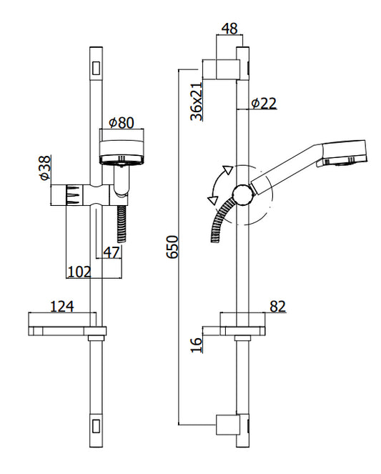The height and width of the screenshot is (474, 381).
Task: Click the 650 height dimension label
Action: point(172,247)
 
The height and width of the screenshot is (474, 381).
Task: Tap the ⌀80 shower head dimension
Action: point(121,122)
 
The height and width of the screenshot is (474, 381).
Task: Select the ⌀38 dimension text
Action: point(44,168)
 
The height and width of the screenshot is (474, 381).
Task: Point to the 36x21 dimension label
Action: point(197,102)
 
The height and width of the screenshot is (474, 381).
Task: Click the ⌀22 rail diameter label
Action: point(264,104)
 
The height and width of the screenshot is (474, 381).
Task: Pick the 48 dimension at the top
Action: point(229,29)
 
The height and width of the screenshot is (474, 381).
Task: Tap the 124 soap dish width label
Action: point(61,306)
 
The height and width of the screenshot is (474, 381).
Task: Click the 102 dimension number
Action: point(79,272)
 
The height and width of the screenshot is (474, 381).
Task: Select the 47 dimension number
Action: point(112,252)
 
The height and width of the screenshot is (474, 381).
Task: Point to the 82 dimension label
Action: point(277,307)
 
